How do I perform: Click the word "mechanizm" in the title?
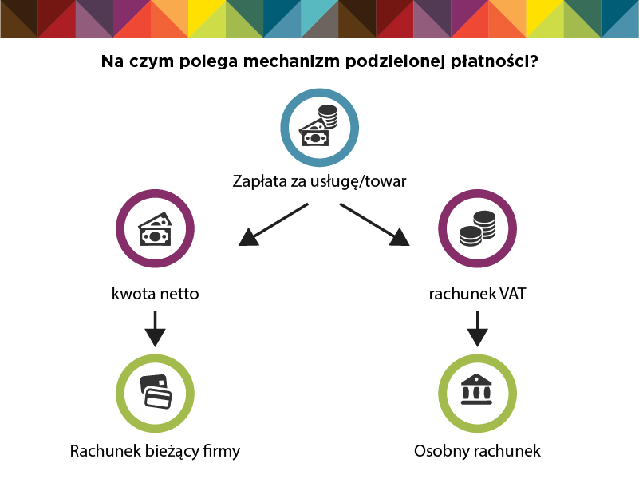point(291,61)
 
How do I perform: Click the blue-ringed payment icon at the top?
point(319,128)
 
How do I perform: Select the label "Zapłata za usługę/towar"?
point(319,181)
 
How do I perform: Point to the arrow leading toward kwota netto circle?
point(273,224)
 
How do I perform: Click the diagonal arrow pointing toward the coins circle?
point(374,224)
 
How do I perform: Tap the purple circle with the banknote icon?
point(155,228)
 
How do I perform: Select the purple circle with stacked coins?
point(478,228)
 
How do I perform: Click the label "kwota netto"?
point(156,294)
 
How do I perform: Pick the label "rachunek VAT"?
point(477,294)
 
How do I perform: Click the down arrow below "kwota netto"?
point(156,329)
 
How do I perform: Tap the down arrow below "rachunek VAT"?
point(477,329)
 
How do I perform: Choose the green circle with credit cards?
point(155,394)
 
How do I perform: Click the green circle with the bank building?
point(478,394)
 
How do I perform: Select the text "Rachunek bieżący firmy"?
point(155,451)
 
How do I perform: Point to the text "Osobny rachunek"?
point(477,451)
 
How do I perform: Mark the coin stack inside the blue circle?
point(328,117)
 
